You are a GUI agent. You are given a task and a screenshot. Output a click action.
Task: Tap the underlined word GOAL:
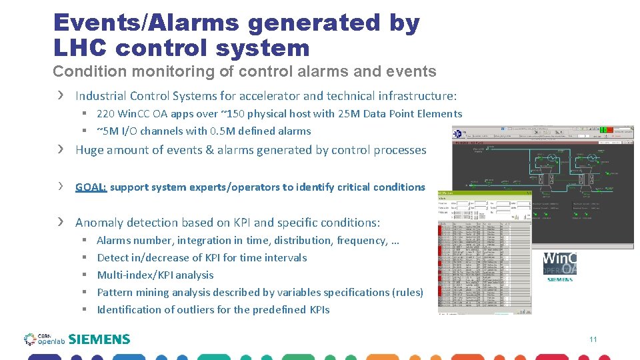coord(91,187)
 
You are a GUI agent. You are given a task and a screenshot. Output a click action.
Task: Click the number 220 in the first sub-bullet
coord(106,114)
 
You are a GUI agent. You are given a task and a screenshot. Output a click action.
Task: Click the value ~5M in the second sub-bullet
coord(109,131)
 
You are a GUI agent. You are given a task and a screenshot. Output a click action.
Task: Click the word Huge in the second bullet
coord(89,150)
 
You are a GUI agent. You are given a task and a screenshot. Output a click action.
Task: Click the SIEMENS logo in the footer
coord(99,339)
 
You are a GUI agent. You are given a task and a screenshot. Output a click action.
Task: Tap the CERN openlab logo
coord(44,339)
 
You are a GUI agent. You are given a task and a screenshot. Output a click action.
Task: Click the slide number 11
coord(593,340)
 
